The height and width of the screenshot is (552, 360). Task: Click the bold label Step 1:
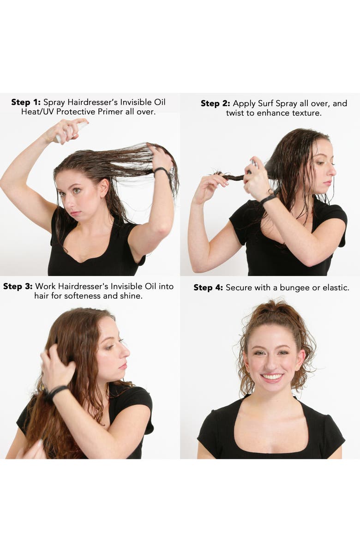click(26, 102)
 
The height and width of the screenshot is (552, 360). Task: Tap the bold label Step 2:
click(216, 103)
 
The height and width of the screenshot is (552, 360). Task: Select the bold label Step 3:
click(18, 286)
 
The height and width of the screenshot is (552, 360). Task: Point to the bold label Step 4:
click(208, 288)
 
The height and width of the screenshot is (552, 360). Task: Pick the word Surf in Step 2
click(266, 103)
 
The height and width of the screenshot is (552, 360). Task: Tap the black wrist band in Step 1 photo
click(163, 172)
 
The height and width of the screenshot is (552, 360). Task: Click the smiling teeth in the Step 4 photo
click(272, 377)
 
